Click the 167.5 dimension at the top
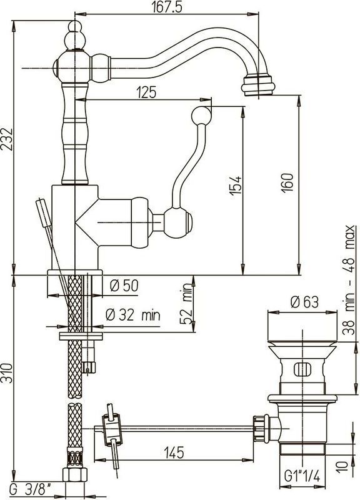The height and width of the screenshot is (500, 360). tap(167, 7)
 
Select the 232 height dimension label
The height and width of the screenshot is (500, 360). tap(7, 139)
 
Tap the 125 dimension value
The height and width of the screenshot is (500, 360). tap(147, 92)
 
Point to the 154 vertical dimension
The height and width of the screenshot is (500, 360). tap(236, 186)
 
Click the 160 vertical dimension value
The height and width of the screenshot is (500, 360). tap(287, 182)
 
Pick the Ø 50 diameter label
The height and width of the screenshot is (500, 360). tap(124, 286)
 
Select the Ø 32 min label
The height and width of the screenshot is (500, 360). tap(133, 315)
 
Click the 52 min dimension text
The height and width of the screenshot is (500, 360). tap(186, 303)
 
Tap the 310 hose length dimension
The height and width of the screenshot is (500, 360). tap(7, 373)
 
